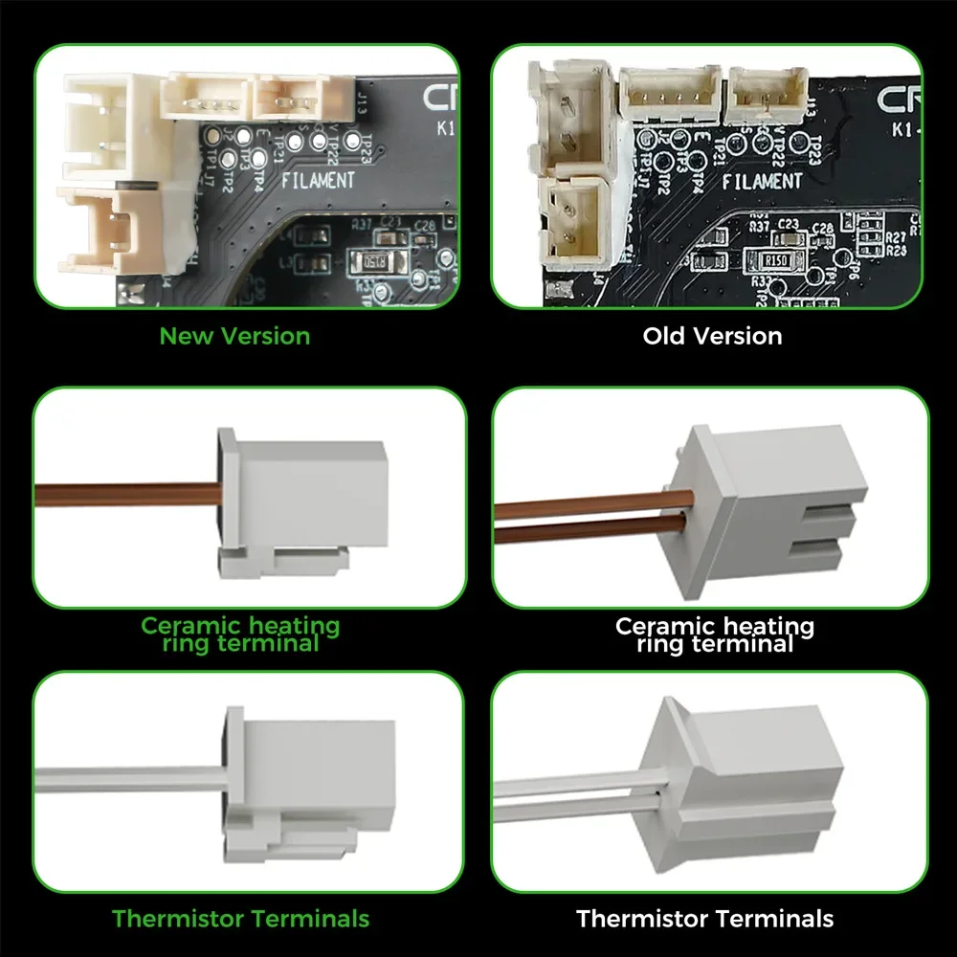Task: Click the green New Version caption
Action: (x=234, y=336)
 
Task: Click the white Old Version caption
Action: (x=712, y=336)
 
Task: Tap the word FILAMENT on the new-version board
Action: (x=318, y=179)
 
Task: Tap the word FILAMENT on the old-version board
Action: (x=762, y=182)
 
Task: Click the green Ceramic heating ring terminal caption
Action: (x=240, y=634)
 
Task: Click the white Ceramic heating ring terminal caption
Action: (x=715, y=634)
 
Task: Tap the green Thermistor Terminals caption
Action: (x=240, y=919)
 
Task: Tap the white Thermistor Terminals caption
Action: (x=704, y=919)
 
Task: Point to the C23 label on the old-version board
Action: (x=789, y=223)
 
